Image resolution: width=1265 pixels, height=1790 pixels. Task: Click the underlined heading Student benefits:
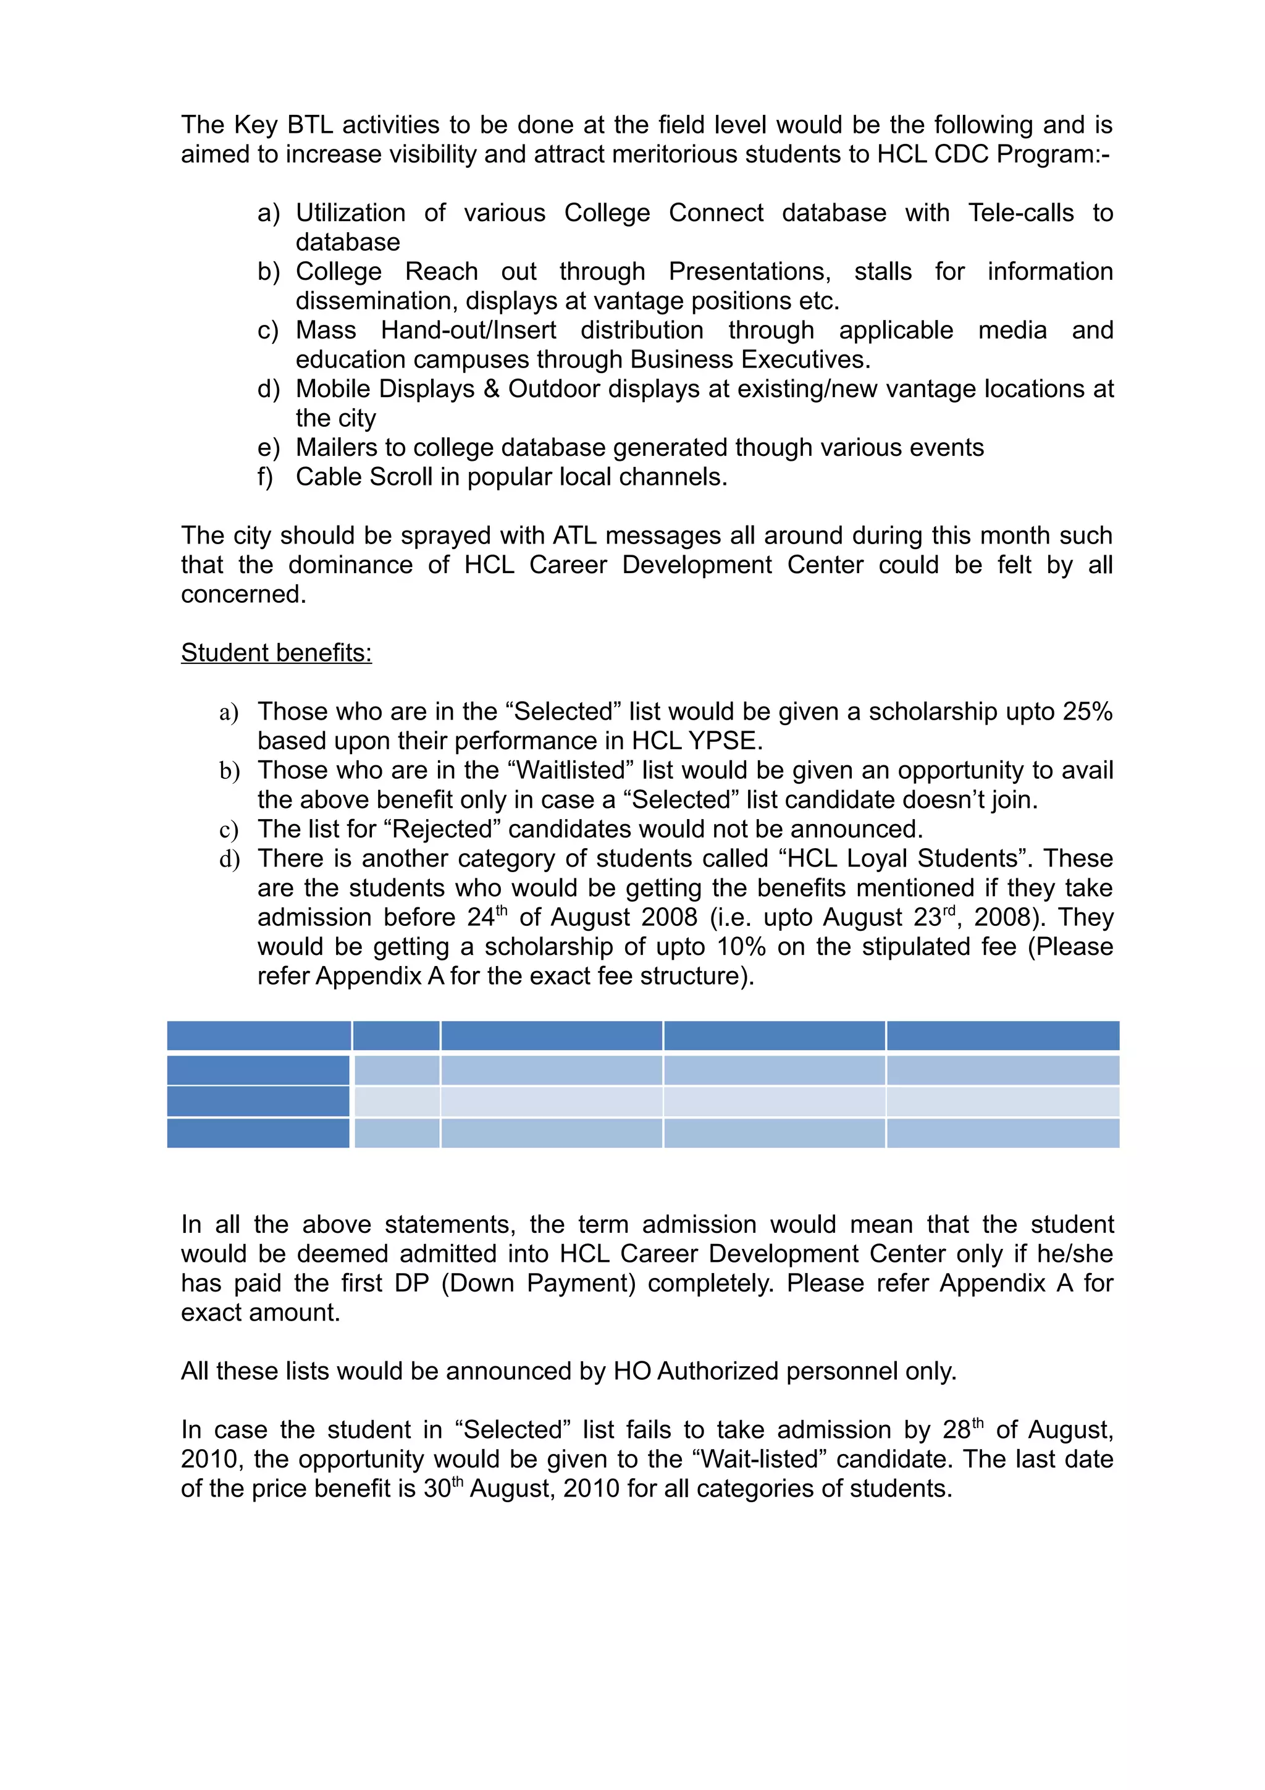pyautogui.click(x=276, y=652)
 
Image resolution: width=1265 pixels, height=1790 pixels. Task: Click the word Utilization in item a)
pyautogui.click(x=350, y=213)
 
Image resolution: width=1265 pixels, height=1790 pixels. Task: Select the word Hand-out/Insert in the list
pyautogui.click(x=468, y=330)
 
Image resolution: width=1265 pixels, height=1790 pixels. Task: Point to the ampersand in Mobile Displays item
pyautogui.click(x=491, y=389)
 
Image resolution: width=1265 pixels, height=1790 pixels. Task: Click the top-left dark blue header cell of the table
pyautogui.click(x=259, y=1035)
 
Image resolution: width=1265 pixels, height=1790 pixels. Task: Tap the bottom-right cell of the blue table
pyautogui.click(x=1002, y=1133)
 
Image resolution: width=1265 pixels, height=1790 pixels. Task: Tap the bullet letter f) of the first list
pyautogui.click(x=265, y=476)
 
